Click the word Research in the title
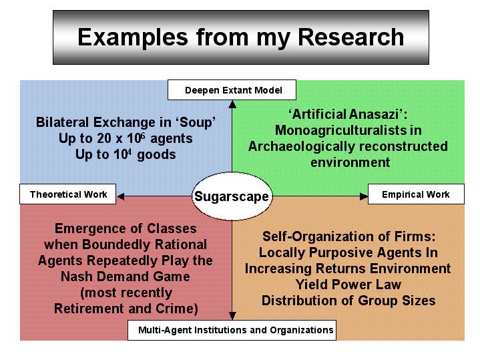[x=350, y=37]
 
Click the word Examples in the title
[x=133, y=38]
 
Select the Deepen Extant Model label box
[x=232, y=90]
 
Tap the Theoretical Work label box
[x=67, y=194]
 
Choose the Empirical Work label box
[x=416, y=194]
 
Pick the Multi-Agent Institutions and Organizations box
[x=232, y=330]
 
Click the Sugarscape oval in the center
[x=232, y=196]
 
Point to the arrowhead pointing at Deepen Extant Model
[x=232, y=104]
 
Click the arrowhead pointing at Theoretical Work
[x=120, y=196]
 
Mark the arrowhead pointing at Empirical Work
[x=364, y=196]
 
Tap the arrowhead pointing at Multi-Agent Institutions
[x=232, y=315]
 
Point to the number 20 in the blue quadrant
[x=104, y=138]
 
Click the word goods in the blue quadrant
[x=156, y=155]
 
